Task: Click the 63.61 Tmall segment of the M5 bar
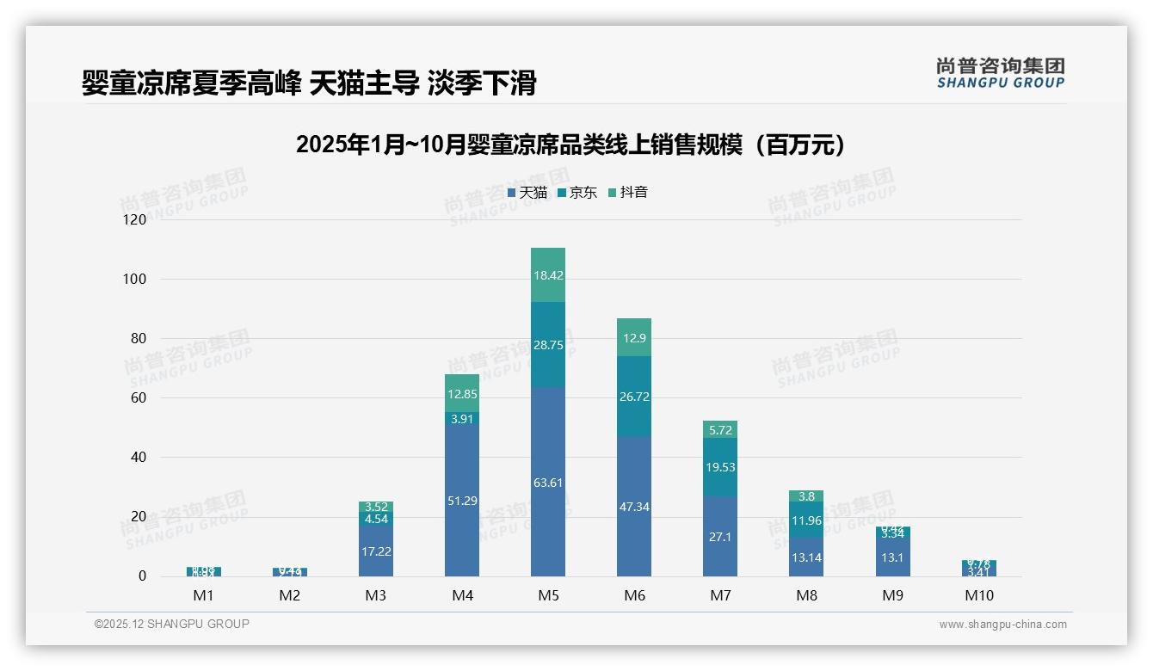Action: (x=548, y=482)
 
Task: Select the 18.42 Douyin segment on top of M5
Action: (x=548, y=275)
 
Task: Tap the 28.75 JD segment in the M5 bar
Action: (x=548, y=344)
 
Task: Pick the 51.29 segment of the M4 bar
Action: (x=462, y=500)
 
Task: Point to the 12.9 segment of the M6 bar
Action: (x=634, y=338)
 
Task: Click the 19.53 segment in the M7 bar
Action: (x=720, y=467)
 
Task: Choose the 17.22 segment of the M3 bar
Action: (x=376, y=551)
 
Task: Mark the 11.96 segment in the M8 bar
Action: (x=806, y=520)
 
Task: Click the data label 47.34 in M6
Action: (x=634, y=507)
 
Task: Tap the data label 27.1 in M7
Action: (x=720, y=536)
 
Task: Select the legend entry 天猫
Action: (x=527, y=193)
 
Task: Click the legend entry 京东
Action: (x=577, y=193)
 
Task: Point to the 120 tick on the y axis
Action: (x=135, y=219)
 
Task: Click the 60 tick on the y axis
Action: (x=138, y=397)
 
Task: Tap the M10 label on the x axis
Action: (x=978, y=595)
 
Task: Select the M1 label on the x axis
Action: (x=204, y=595)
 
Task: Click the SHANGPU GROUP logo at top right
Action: (x=1000, y=72)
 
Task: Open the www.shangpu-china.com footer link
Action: (x=1002, y=625)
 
